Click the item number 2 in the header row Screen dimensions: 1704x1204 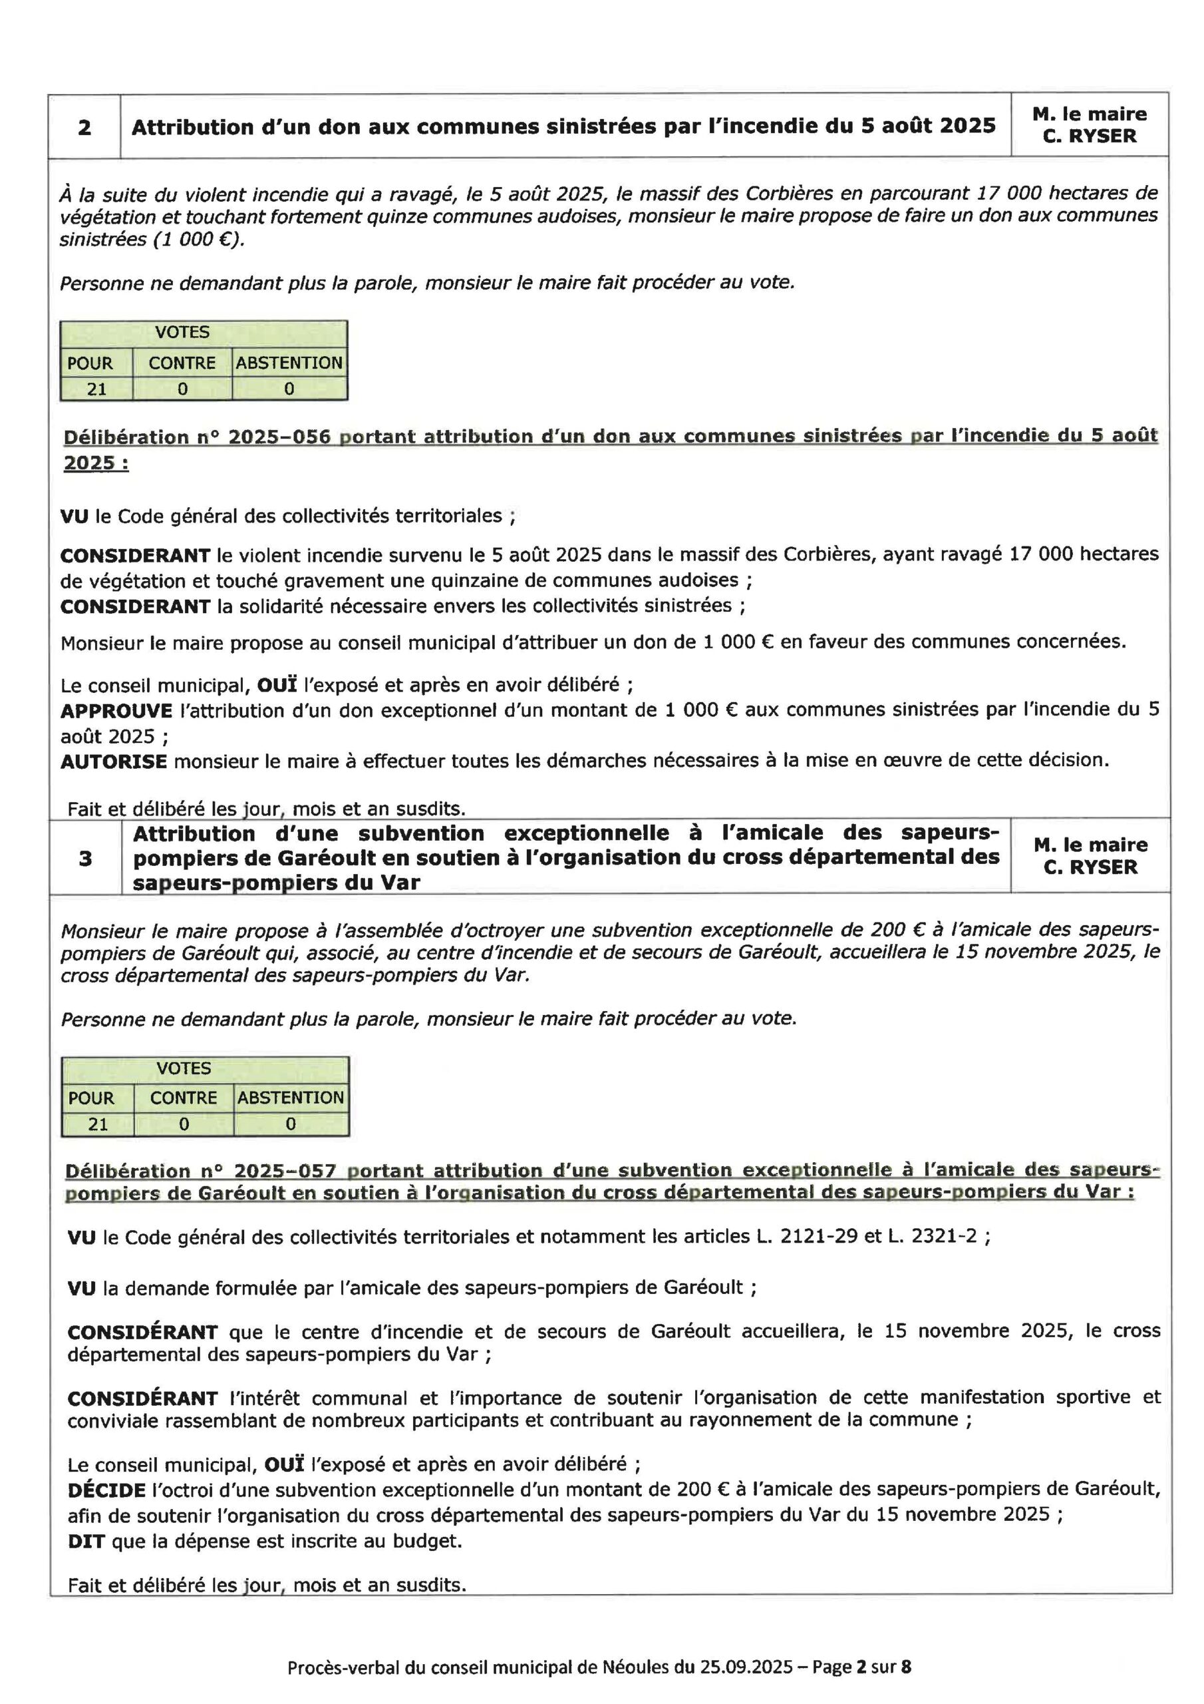(x=84, y=127)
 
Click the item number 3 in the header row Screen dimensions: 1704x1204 (x=85, y=859)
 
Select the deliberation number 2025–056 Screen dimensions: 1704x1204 (x=279, y=437)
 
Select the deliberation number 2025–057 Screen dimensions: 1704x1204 (x=285, y=1171)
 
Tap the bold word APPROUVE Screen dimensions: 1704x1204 (x=116, y=711)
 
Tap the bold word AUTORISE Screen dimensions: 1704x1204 (x=114, y=761)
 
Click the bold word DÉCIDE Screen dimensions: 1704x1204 (x=106, y=1490)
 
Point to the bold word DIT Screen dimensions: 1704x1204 (x=85, y=1542)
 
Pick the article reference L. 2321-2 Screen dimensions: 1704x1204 (x=933, y=1237)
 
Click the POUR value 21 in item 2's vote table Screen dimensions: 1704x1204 (x=96, y=389)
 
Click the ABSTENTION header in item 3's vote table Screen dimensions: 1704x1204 (x=291, y=1098)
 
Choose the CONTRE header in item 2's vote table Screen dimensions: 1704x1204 (x=182, y=363)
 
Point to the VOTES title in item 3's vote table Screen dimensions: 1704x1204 (x=184, y=1069)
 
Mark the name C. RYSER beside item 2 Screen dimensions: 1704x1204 (x=1089, y=136)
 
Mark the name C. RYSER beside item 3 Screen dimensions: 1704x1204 (x=1090, y=867)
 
